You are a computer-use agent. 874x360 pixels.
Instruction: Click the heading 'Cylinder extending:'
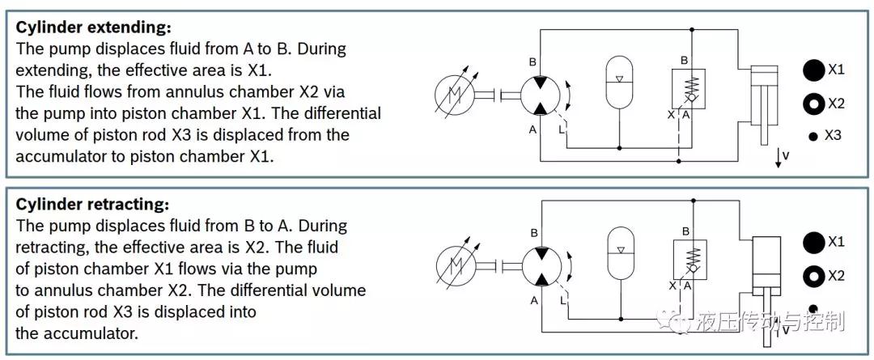[94, 28]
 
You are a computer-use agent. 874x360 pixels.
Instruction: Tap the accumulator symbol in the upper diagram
[620, 83]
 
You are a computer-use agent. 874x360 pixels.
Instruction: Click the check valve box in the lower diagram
[690, 260]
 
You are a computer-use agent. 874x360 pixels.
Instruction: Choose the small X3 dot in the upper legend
[813, 137]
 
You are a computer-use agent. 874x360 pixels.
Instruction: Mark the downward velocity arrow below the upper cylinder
[777, 157]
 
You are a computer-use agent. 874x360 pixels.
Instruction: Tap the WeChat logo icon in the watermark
[674, 321]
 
